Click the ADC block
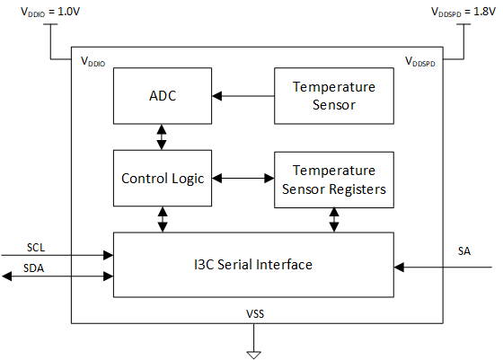(x=163, y=96)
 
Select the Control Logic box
(x=163, y=179)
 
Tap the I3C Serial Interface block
(x=253, y=265)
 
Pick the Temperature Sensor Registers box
(x=334, y=180)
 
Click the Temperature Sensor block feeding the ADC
(x=334, y=96)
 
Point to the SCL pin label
(x=36, y=248)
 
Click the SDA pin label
(x=33, y=268)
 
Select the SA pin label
(x=464, y=251)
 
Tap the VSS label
(x=255, y=314)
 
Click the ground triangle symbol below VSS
(x=253, y=356)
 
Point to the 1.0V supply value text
(x=68, y=12)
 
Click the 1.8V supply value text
(x=484, y=12)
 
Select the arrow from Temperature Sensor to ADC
(x=243, y=96)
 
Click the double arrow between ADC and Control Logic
(x=162, y=137)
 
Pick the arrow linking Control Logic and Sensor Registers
(x=243, y=179)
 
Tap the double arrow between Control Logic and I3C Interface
(x=163, y=220)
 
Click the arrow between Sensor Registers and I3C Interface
(x=334, y=220)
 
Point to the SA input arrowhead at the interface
(x=399, y=267)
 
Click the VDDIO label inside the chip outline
(x=93, y=61)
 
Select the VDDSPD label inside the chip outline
(x=420, y=61)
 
